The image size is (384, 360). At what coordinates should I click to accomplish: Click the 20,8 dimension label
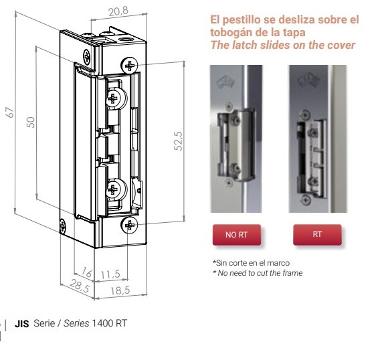tap(118, 11)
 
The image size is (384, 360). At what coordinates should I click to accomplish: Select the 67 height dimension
tap(10, 112)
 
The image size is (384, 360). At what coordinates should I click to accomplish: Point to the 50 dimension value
tap(31, 122)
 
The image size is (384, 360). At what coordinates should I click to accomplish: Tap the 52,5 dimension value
tap(178, 141)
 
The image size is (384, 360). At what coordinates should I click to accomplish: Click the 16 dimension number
tap(87, 272)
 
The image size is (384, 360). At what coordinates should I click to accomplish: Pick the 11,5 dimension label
tap(110, 274)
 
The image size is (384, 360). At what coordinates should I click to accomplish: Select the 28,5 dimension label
tap(80, 286)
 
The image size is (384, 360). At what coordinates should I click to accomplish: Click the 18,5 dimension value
tap(120, 290)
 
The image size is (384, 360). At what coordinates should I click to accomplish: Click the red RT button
tap(317, 234)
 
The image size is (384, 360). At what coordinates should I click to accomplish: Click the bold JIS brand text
tap(22, 324)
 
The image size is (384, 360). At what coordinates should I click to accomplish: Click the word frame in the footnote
tap(292, 273)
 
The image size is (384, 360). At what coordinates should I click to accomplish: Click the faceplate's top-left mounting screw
tap(86, 57)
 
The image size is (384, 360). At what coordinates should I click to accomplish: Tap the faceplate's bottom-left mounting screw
tap(62, 226)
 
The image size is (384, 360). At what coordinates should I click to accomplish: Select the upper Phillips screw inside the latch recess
tap(113, 98)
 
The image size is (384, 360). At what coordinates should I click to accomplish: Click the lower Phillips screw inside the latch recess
tap(113, 190)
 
